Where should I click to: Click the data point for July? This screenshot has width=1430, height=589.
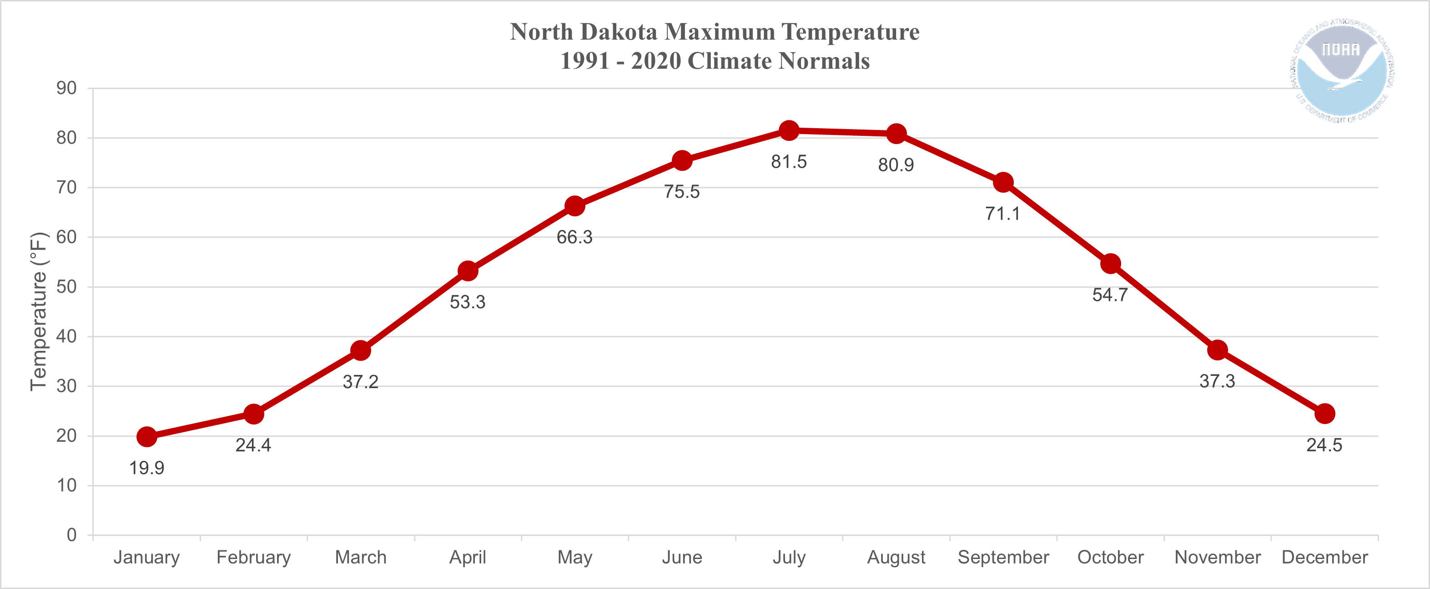(789, 131)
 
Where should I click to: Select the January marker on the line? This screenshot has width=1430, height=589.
(146, 437)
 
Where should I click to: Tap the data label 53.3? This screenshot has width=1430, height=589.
(468, 302)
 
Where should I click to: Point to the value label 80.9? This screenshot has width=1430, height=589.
(896, 165)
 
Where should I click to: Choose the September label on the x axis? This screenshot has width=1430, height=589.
(1003, 557)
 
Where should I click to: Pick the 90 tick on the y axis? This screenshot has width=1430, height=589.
(66, 88)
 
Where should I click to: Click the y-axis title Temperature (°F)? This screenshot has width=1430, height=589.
(39, 312)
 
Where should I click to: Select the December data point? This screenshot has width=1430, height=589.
(1325, 414)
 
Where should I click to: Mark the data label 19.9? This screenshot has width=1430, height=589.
(146, 468)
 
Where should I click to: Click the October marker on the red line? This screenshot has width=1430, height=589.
(1110, 264)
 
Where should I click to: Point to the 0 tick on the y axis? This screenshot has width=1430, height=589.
(71, 535)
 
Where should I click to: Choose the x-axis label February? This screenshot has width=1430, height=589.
(254, 557)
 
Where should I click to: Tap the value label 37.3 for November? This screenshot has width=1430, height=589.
(1218, 382)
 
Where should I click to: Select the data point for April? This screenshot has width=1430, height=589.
(468, 271)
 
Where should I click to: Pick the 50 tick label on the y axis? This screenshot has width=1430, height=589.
(66, 287)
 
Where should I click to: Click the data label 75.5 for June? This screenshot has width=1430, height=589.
(682, 192)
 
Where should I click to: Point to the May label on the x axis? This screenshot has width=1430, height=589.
(574, 557)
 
